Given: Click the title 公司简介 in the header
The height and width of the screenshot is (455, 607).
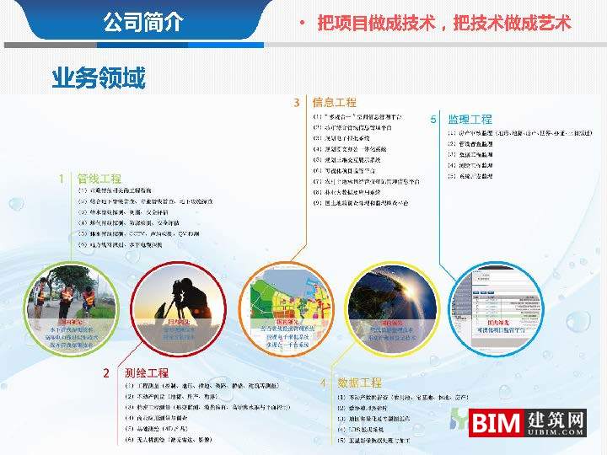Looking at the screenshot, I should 142,21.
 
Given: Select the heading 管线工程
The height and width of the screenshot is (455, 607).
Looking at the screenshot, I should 99,179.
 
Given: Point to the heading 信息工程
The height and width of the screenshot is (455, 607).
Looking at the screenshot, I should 334,102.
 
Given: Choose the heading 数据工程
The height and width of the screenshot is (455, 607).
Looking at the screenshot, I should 360,383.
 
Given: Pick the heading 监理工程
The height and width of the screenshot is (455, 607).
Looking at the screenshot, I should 470,120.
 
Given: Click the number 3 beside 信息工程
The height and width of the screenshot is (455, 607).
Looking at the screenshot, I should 297,102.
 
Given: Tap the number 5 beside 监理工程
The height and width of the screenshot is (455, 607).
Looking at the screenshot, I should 433,120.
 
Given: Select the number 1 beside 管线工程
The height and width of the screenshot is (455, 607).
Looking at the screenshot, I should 61,179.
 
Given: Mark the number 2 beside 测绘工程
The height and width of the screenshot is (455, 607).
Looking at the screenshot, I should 106,372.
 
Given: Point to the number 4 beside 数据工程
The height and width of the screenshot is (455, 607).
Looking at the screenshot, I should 323,383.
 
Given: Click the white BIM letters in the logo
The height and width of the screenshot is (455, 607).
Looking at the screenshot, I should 496,423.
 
